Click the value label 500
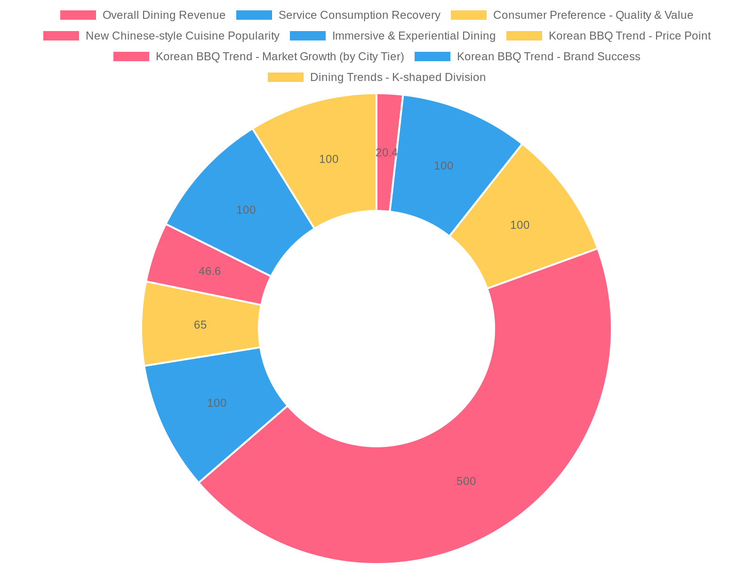pos(466,481)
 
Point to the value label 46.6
pos(210,271)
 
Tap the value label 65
pos(200,325)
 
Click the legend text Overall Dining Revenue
pos(164,15)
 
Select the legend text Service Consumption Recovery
pos(360,15)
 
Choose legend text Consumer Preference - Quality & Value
pos(593,15)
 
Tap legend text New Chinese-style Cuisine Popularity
pos(183,36)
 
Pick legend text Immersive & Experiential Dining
pos(414,36)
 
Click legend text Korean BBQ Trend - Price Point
pos(630,36)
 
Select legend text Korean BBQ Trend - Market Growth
pos(280,56)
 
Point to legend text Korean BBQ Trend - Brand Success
pos(549,56)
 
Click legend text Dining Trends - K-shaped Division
pos(398,77)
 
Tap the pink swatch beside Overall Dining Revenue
pos(78,15)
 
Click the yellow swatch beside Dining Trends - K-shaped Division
pos(285,77)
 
